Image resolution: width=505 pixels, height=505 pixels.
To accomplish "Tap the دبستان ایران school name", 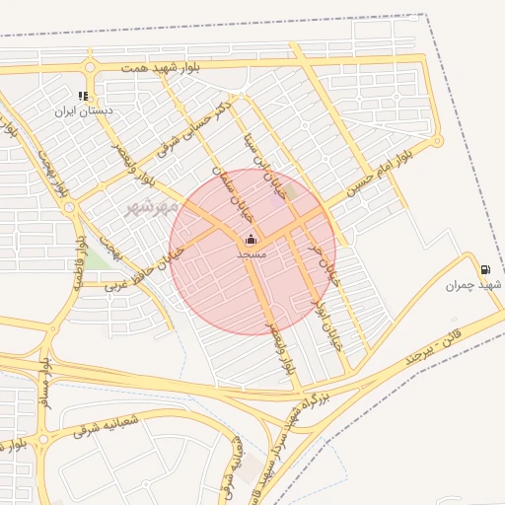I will point(84,111).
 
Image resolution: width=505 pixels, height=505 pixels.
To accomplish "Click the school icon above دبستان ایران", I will point(84,97).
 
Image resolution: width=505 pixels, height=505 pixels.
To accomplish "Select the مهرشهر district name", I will point(152,208).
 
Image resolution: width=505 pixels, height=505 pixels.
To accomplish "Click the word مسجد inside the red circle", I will point(252,253).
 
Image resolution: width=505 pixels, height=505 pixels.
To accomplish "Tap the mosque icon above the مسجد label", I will point(251,239).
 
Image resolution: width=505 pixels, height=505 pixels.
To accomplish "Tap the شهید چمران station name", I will point(468,286).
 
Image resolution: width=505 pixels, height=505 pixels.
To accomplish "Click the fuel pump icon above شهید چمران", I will point(484,269).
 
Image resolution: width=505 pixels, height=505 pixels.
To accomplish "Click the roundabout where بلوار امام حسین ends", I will point(438,141).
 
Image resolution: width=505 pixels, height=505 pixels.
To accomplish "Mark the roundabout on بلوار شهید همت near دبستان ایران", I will point(90,68).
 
